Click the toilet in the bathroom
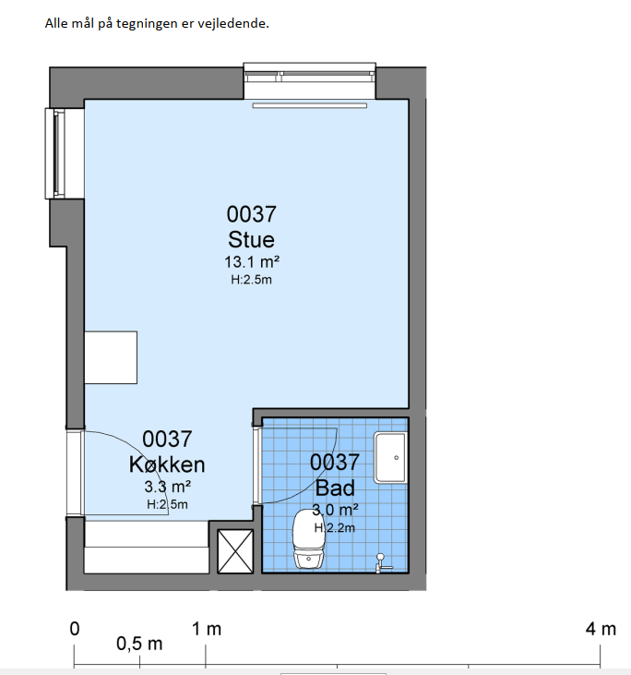[x=308, y=538]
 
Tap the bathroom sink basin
[x=390, y=457]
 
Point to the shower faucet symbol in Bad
[x=382, y=563]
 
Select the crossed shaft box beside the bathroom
[x=235, y=551]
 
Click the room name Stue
[x=251, y=240]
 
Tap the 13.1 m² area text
[x=252, y=261]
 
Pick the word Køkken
[x=167, y=464]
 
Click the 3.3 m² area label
[x=167, y=487]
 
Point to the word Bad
[x=335, y=488]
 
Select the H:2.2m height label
[x=335, y=527]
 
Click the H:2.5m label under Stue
[x=251, y=280]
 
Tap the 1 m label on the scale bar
[x=207, y=630]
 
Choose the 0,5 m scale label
[x=139, y=644]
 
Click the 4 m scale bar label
[x=601, y=630]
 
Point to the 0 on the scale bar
[x=75, y=629]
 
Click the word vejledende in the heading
[x=233, y=23]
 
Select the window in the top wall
[x=310, y=81]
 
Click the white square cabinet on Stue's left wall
[x=111, y=357]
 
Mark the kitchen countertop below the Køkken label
[x=147, y=548]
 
